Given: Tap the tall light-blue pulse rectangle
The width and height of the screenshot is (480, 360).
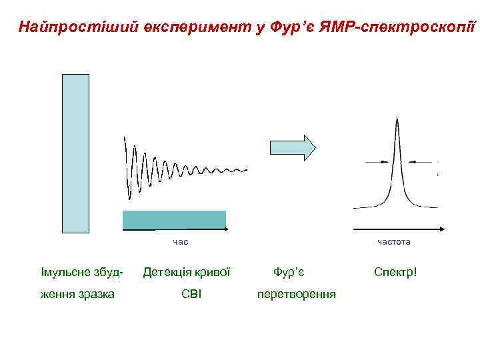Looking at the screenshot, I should [75, 153].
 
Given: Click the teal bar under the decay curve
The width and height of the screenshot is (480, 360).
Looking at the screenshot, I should [174, 219].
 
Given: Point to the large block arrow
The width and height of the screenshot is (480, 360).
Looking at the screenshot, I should [292, 148].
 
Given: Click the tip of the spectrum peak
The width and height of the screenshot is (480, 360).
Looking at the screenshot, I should [397, 119].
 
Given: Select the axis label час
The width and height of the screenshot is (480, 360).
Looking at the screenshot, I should [180, 241].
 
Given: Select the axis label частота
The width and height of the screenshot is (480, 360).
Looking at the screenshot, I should [394, 241].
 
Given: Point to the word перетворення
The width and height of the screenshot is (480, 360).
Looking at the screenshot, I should [297, 294].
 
